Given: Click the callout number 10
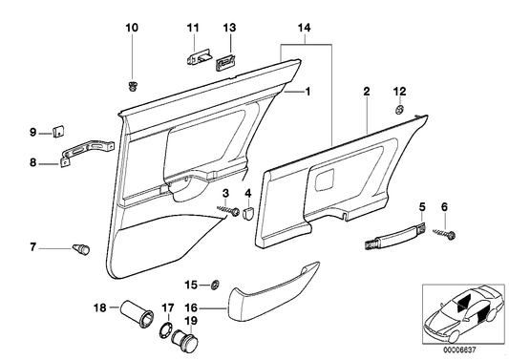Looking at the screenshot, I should click(132, 26).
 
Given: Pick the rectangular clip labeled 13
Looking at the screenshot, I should click(228, 62).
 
